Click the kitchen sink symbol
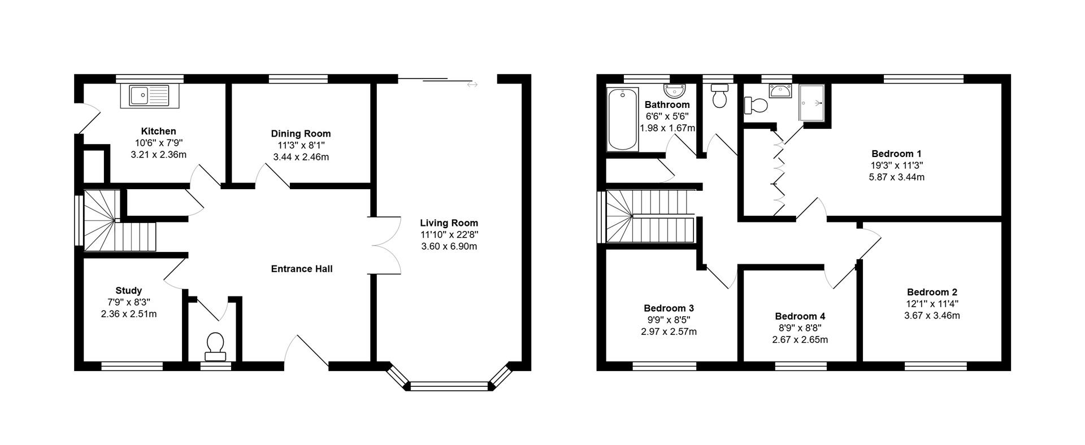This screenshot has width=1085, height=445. click(149, 95)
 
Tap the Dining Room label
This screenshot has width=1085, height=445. click(301, 134)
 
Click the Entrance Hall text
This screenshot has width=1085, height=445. click(302, 269)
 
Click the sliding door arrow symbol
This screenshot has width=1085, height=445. click(472, 85)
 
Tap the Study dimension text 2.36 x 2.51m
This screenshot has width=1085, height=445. click(129, 314)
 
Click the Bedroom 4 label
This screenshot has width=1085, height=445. click(800, 316)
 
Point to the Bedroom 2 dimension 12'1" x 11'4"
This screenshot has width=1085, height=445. click(932, 304)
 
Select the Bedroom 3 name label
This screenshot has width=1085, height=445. click(669, 308)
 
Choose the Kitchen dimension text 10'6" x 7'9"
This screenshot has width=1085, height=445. click(158, 143)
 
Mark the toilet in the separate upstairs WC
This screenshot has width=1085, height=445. click(719, 97)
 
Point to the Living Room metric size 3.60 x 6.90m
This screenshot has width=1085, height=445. click(449, 246)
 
